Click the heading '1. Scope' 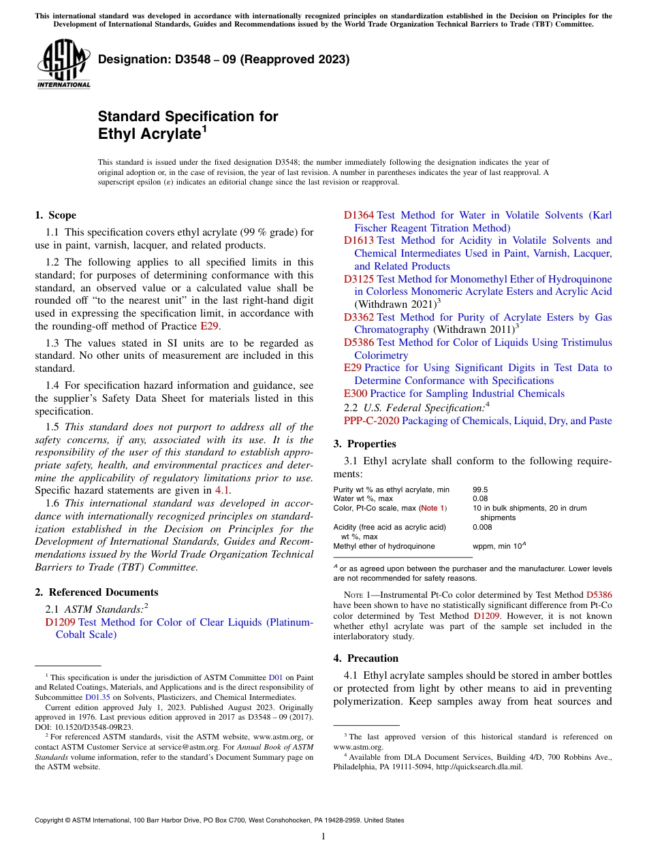coord(55,215)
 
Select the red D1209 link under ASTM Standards coord(60,622)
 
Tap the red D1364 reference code coord(358,215)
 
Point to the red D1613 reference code coord(358,240)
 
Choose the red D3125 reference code coord(358,279)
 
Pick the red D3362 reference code coord(358,317)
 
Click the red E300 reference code coord(356,394)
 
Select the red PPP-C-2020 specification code coord(371,421)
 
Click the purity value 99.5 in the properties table coord(480,490)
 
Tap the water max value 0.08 coord(480,498)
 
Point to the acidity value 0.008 coord(482,527)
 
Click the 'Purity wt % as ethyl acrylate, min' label coord(391,490)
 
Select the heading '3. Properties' coord(364,444)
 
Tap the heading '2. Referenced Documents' coord(96,592)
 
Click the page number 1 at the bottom coord(323,837)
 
